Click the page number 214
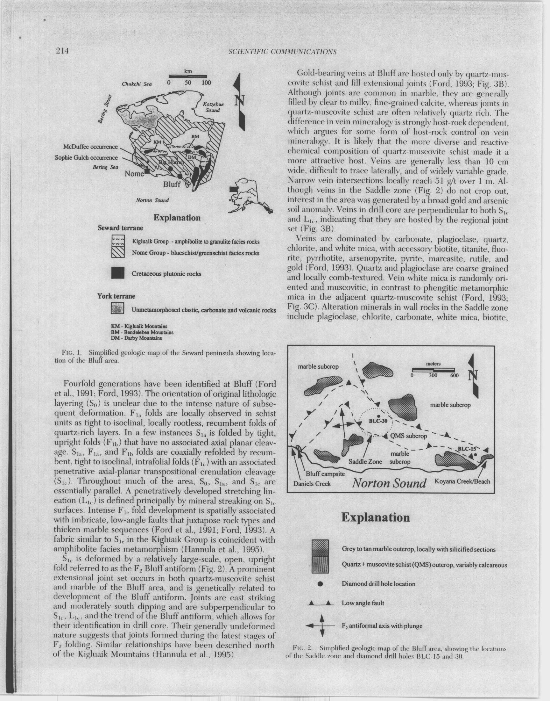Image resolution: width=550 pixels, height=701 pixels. (x=63, y=51)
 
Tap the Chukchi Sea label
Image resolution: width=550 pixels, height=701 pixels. (x=137, y=84)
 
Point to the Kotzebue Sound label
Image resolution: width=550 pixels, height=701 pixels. (x=213, y=107)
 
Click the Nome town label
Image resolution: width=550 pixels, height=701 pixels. (x=134, y=174)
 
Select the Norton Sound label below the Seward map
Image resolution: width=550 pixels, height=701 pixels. (x=152, y=200)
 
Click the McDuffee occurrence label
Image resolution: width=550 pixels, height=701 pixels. (x=90, y=147)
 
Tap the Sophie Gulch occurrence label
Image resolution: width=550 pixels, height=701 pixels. (x=86, y=158)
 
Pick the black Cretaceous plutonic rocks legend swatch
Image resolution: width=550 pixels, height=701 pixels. (x=117, y=273)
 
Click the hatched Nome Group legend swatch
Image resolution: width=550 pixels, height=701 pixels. (x=117, y=253)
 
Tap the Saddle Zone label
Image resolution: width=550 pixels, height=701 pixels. (x=365, y=461)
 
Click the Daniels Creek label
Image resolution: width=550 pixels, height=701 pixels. (x=312, y=484)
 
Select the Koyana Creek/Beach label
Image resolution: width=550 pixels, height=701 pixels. (x=462, y=481)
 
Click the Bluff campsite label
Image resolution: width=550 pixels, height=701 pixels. (x=325, y=474)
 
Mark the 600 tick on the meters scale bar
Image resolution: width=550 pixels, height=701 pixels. (x=454, y=375)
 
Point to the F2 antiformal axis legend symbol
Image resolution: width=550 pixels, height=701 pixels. (x=322, y=626)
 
